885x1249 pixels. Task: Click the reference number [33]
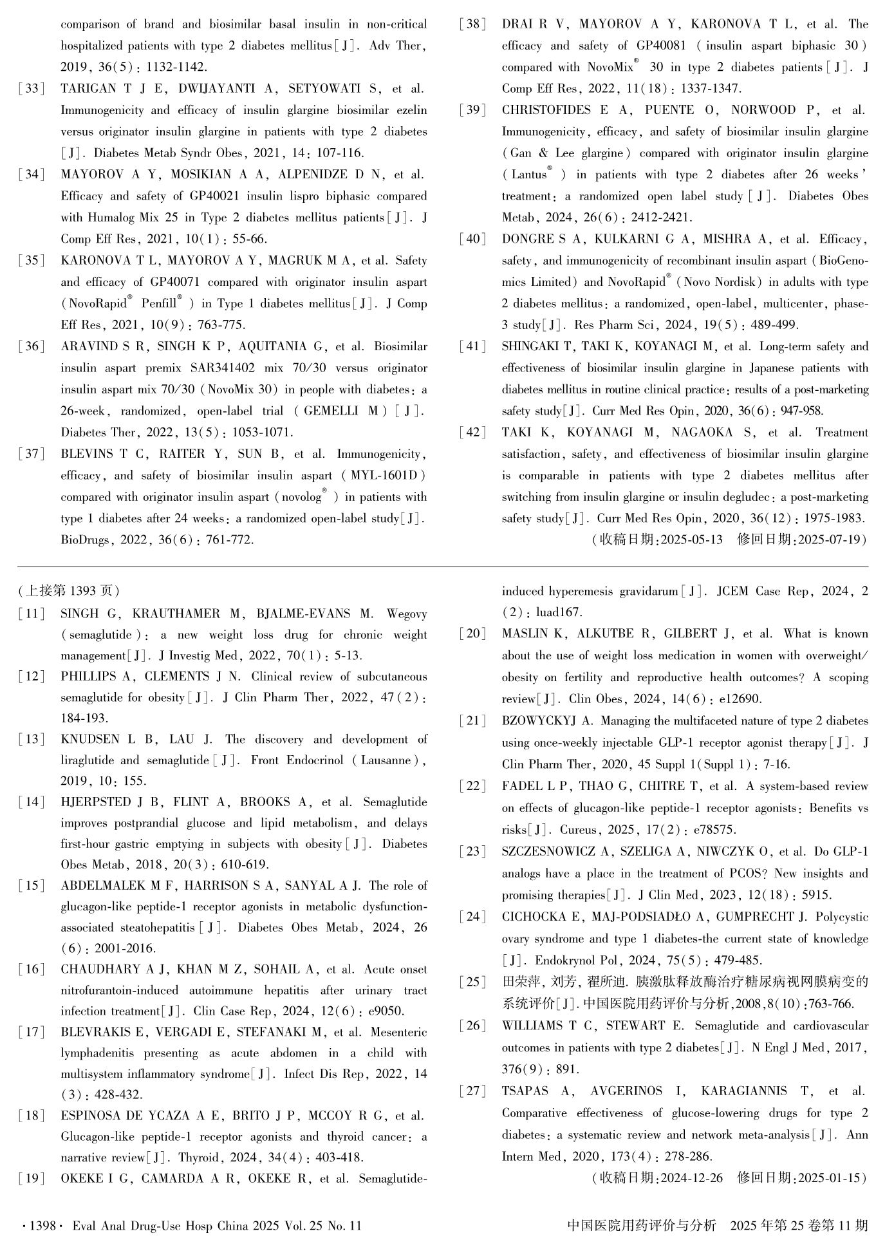31,89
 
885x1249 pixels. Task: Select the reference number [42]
472,433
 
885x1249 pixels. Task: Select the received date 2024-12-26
688,1178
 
